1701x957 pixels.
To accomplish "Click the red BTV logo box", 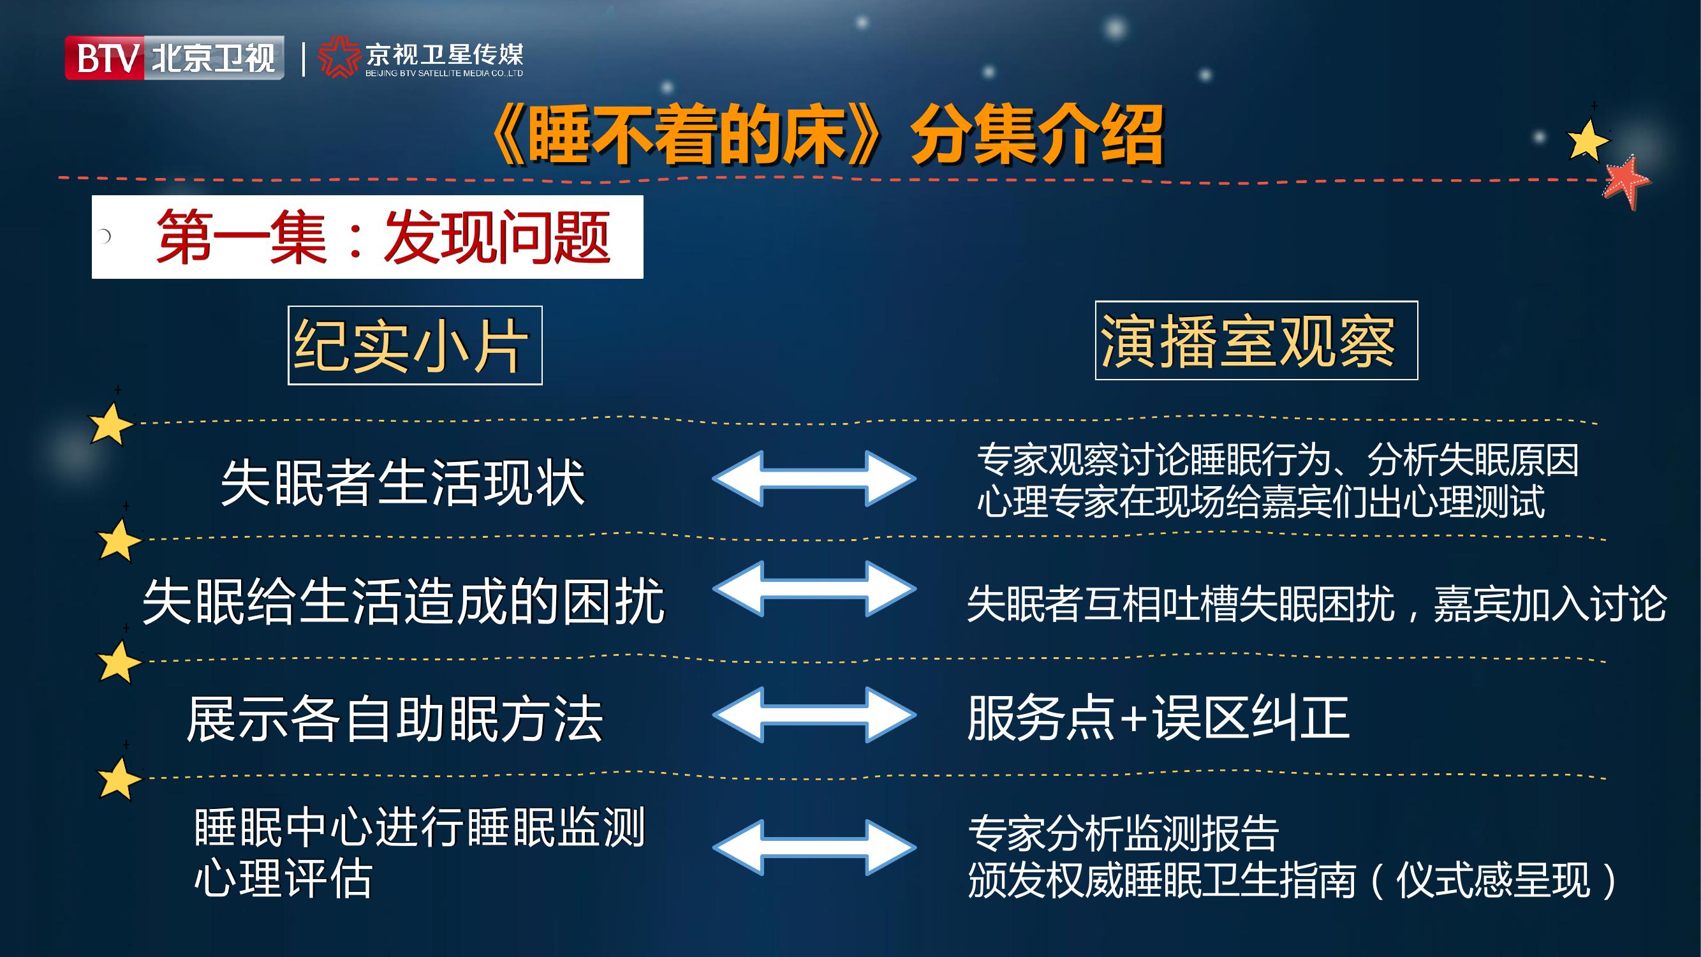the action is click(105, 57).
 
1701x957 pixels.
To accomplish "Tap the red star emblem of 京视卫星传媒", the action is click(339, 58).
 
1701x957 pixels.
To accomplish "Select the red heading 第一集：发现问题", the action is click(383, 237).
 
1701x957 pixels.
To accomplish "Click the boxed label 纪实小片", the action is click(415, 345).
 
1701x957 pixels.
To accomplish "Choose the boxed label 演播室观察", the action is click(1256, 340).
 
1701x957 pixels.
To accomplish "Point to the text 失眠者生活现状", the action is click(403, 483).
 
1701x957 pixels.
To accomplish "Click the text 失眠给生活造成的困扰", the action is click(404, 601).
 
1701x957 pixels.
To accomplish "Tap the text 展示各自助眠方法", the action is click(395, 718).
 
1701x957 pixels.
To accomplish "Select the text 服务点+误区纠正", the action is click(1158, 717).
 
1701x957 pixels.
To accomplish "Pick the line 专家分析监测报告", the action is click(1123, 833).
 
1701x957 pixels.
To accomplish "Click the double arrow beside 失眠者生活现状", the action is click(814, 479).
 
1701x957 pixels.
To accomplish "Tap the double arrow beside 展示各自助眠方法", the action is click(814, 715).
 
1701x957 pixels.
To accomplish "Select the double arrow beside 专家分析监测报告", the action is click(814, 847).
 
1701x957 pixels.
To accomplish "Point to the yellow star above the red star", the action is click(1587, 139).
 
